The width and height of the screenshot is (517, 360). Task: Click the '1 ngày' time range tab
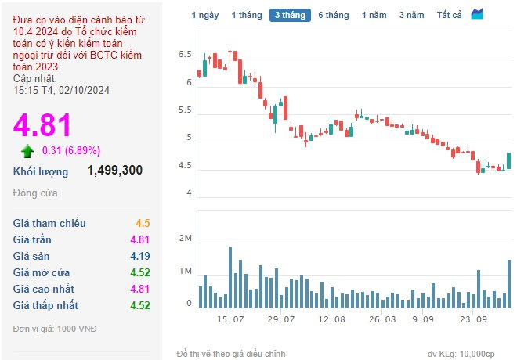tap(205, 15)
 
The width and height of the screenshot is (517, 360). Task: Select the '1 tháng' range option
tap(247, 15)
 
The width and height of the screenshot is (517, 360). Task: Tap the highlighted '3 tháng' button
tap(290, 15)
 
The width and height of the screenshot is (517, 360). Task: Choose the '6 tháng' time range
tap(334, 15)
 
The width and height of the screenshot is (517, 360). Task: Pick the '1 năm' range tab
tap(374, 15)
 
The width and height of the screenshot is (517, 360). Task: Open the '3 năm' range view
tap(411, 15)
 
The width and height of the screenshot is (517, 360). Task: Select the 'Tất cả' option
tap(449, 15)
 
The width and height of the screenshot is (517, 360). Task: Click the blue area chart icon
tap(477, 14)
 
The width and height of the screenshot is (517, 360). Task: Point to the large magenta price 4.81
tap(42, 125)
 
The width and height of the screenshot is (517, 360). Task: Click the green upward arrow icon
tap(27, 151)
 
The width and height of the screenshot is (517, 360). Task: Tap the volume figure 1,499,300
tap(114, 171)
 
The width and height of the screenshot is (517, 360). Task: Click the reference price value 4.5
tap(143, 223)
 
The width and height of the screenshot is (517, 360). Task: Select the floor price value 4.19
tap(139, 256)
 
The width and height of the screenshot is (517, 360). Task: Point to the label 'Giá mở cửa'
tap(42, 272)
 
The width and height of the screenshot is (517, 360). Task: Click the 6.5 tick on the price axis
tap(185, 55)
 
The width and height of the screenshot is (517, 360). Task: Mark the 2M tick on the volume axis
tap(186, 238)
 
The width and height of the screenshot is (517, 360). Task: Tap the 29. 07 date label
tap(281, 319)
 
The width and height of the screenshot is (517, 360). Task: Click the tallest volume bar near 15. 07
tap(230, 277)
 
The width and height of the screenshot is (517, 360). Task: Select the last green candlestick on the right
tap(508, 160)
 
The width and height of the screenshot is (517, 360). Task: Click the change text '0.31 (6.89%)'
tap(71, 151)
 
